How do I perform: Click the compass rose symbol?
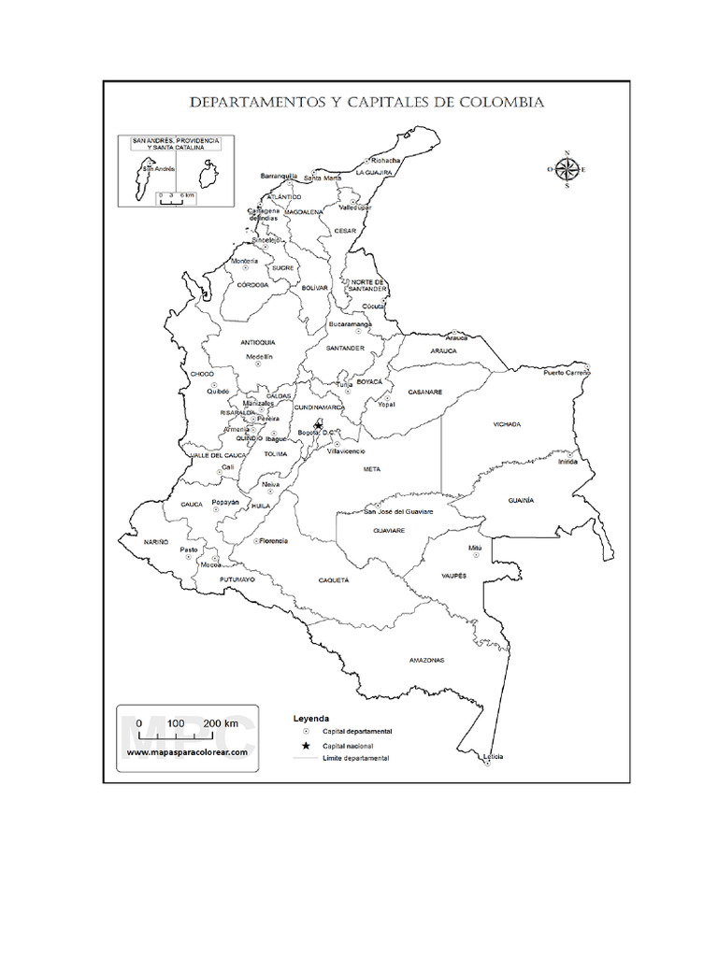pyautogui.click(x=567, y=169)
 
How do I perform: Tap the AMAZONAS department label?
pyautogui.click(x=426, y=660)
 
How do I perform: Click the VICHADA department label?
pyautogui.click(x=507, y=424)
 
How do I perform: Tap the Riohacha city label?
pyautogui.click(x=385, y=160)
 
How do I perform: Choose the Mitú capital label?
pyautogui.click(x=475, y=546)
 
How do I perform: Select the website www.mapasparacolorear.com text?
pyautogui.click(x=187, y=751)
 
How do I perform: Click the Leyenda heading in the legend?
pyautogui.click(x=312, y=718)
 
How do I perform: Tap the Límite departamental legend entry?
pyautogui.click(x=355, y=759)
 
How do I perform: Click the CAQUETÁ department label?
pyautogui.click(x=335, y=580)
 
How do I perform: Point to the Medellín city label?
pyautogui.click(x=259, y=357)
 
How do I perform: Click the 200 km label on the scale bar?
pyautogui.click(x=222, y=723)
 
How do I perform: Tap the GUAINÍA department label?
pyautogui.click(x=521, y=501)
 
